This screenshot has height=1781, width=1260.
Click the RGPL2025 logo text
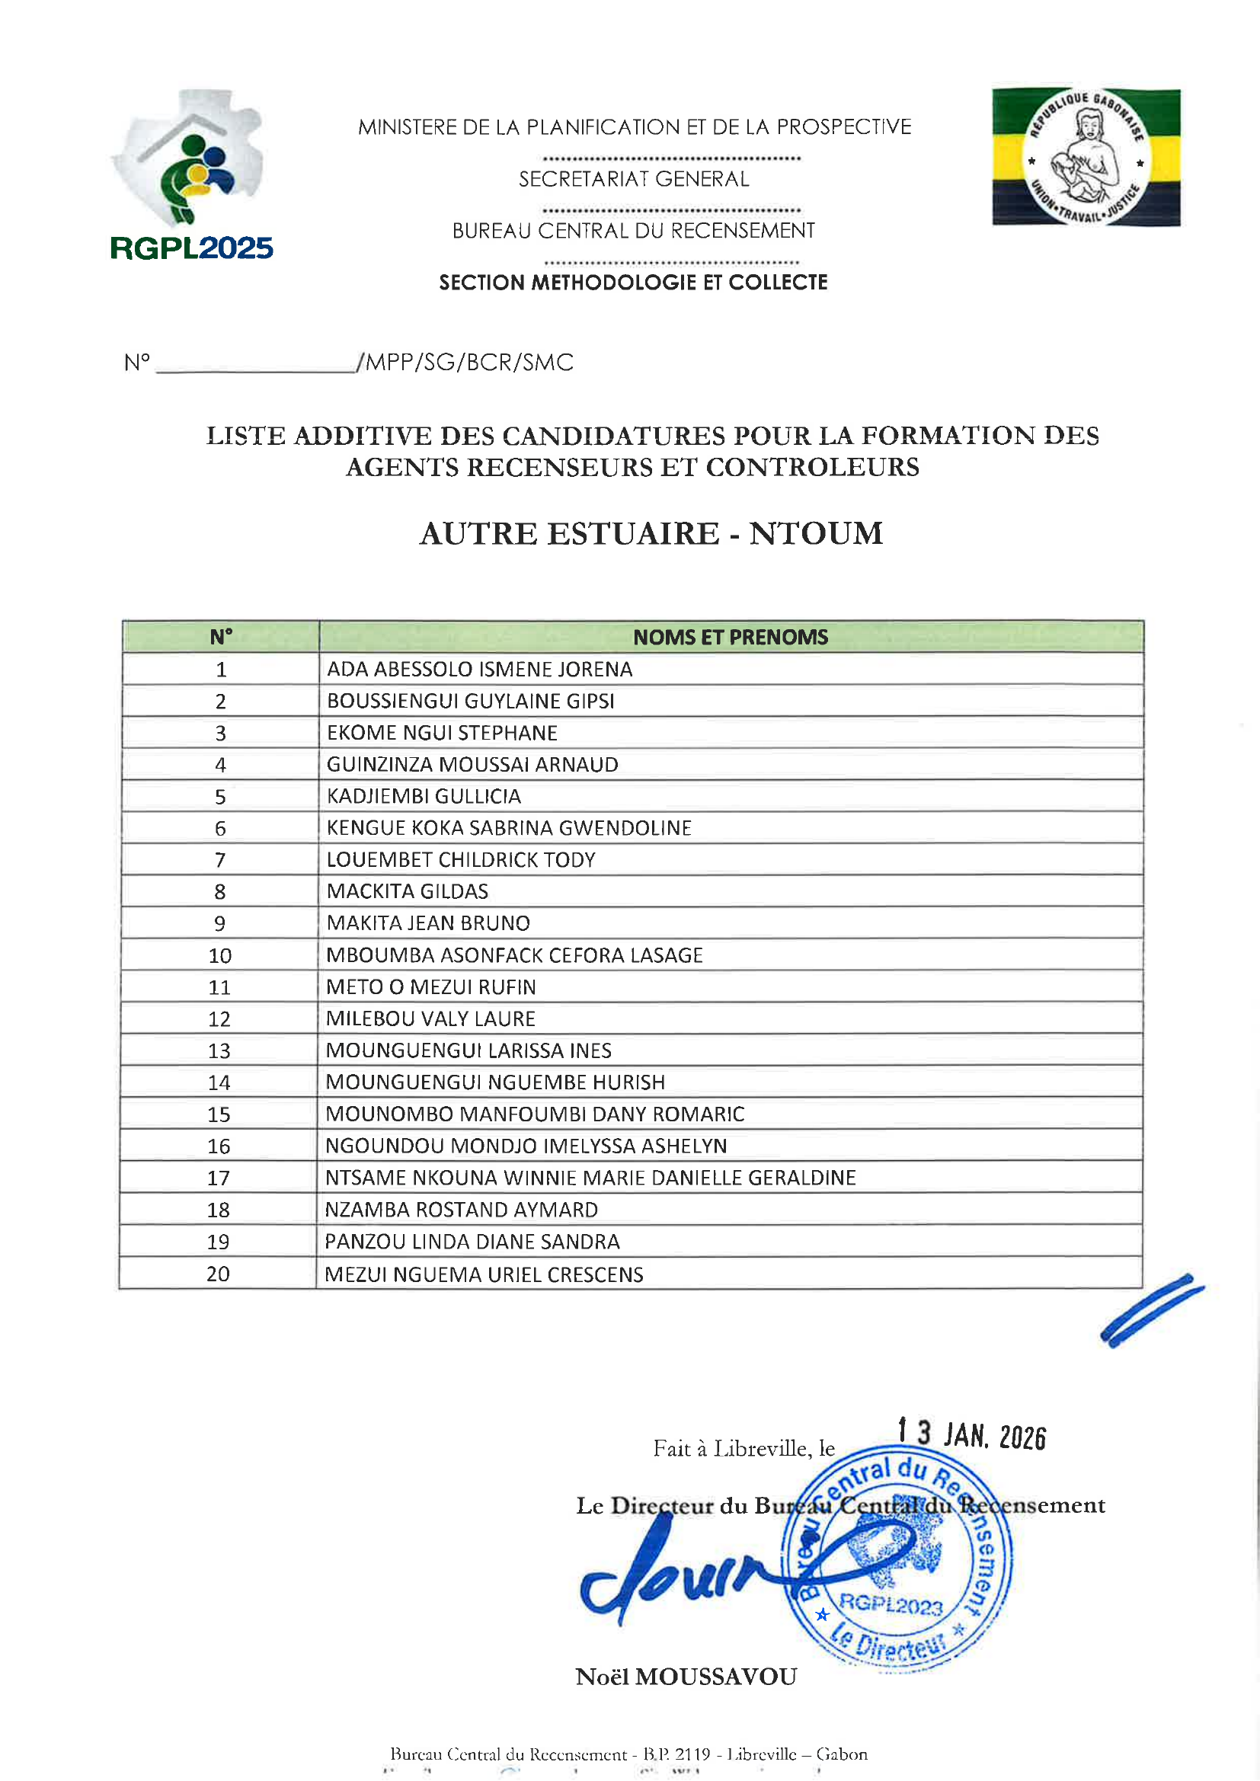pos(192,248)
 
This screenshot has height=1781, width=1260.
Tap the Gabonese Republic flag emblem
pos(1086,158)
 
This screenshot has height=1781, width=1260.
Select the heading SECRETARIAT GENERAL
pos(634,179)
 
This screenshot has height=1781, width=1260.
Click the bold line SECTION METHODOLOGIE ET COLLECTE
pos(633,283)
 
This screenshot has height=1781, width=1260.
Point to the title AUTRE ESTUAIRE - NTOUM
pos(651,534)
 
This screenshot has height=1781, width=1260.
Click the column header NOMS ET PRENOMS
pos(730,637)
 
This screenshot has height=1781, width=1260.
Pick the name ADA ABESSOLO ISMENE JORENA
pos(479,669)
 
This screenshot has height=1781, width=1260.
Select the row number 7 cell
pos(220,859)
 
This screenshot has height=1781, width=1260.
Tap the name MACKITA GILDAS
pos(408,891)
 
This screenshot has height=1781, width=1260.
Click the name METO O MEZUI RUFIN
pos(430,986)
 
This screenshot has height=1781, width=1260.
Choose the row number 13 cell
pos(219,1050)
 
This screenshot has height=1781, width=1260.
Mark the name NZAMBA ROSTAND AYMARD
pos(461,1210)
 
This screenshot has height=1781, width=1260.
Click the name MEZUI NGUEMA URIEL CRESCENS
pos(484,1274)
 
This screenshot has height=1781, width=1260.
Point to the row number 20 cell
pos(218,1274)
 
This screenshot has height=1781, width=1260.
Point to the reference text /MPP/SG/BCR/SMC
pos(465,363)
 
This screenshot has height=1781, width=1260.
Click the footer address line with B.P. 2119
pos(628,1754)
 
